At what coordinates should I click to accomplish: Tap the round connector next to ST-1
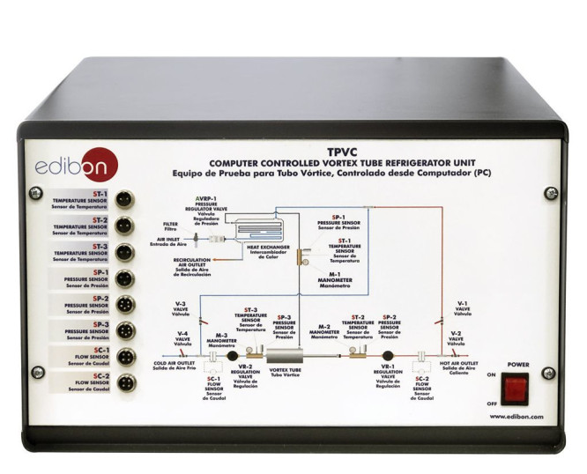pos(124,200)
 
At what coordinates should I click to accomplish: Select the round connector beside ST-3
pos(124,251)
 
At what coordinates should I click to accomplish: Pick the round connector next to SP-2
pos(124,303)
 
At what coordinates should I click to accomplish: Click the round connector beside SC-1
pos(124,356)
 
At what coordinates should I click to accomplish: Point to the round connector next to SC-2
pos(124,382)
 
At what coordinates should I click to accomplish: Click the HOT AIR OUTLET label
pos(458,362)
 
